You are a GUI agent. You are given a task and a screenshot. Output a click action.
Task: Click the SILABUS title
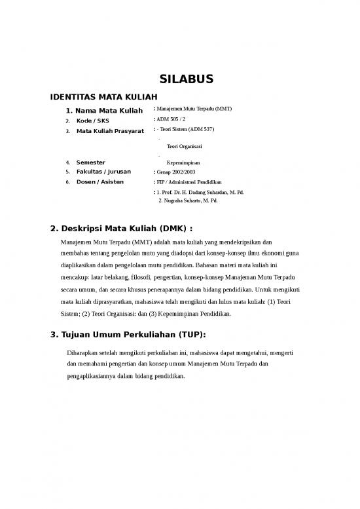click(x=188, y=80)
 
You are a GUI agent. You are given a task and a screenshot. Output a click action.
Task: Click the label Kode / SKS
click(x=93, y=121)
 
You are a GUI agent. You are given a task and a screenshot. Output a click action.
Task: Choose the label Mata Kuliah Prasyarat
click(x=110, y=132)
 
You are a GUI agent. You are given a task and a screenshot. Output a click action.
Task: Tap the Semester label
click(x=90, y=162)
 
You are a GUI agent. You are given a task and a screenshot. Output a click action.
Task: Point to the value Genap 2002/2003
click(x=176, y=172)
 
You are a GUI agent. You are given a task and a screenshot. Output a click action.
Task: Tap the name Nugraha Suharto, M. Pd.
click(x=191, y=200)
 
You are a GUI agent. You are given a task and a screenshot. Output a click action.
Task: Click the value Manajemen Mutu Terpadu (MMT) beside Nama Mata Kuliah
click(x=194, y=108)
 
